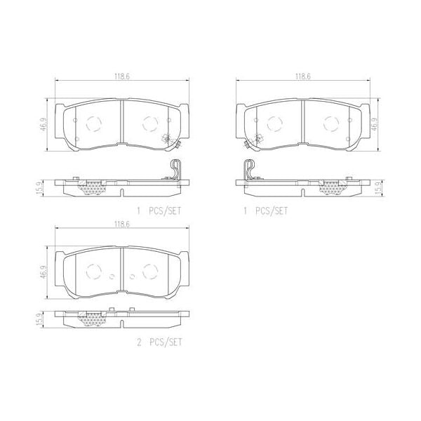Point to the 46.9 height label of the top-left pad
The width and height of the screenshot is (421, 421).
click(44, 125)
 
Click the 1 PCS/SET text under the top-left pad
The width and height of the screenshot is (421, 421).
click(161, 210)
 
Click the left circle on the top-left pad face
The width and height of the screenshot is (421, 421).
click(93, 124)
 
